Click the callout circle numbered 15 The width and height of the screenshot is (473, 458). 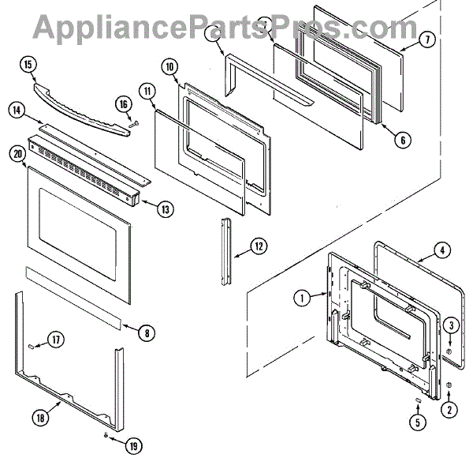point(29,65)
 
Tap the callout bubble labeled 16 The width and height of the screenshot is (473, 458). point(123,103)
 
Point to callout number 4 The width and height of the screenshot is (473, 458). point(443,251)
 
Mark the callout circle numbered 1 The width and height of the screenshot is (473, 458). point(300,298)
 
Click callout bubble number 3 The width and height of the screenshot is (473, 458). point(449,325)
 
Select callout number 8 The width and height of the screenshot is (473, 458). point(144,333)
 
